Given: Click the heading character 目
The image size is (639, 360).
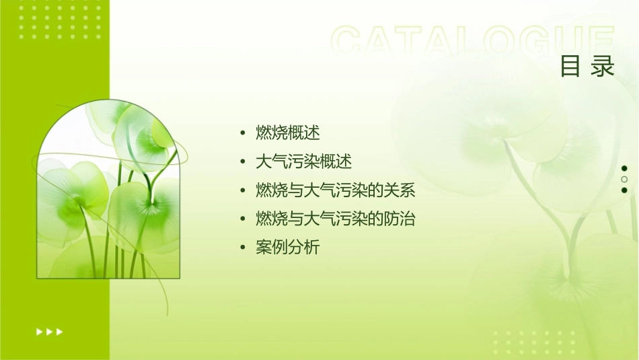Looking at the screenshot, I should pyautogui.click(x=571, y=67).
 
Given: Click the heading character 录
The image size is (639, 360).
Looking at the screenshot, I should pyautogui.click(x=604, y=67).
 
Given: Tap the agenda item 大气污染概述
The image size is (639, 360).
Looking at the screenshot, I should pyautogui.click(x=303, y=161).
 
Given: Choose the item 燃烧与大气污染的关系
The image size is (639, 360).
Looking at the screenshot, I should pyautogui.click(x=335, y=190).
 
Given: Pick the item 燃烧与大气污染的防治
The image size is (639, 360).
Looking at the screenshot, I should pyautogui.click(x=335, y=219).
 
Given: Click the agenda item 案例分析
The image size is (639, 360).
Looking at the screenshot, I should pyautogui.click(x=287, y=248).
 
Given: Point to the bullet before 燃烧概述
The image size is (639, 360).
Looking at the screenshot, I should pyautogui.click(x=243, y=133).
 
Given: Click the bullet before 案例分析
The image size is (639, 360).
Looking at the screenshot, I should pyautogui.click(x=243, y=248).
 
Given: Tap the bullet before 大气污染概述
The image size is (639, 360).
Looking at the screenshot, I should pyautogui.click(x=243, y=162).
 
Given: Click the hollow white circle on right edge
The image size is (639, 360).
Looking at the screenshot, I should pyautogui.click(x=624, y=180).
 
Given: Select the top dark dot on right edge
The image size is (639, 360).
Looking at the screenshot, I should pyautogui.click(x=624, y=168).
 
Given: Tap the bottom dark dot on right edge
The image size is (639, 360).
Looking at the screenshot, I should pyautogui.click(x=624, y=190).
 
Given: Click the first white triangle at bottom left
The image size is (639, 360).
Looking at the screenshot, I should pyautogui.click(x=39, y=332).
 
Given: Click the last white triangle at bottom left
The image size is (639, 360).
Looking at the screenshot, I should pyautogui.click(x=60, y=332).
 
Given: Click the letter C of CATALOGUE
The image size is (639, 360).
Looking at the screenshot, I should pyautogui.click(x=349, y=42).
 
